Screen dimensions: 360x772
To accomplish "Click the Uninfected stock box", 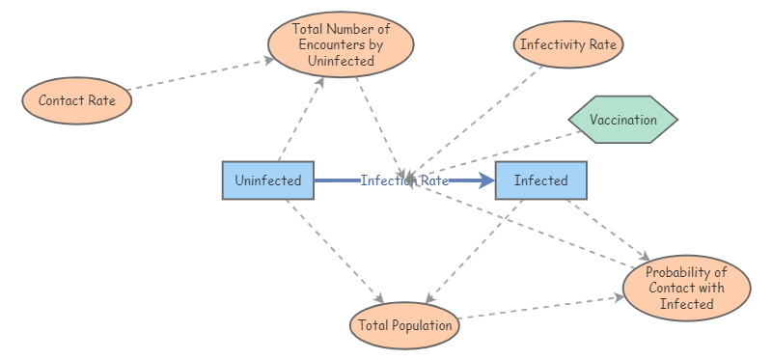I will click(x=268, y=180).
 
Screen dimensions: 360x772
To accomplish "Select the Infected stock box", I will click(x=540, y=180).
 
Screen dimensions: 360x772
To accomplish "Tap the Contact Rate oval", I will click(x=76, y=100).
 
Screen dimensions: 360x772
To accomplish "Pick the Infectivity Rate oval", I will click(x=570, y=44).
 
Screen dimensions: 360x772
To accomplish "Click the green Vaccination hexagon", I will click(x=622, y=121).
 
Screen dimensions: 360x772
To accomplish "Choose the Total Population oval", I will click(x=405, y=325).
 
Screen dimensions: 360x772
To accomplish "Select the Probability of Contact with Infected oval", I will click(x=686, y=288).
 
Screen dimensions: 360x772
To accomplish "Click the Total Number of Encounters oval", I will click(x=341, y=43).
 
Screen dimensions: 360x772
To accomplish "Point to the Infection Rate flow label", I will click(x=404, y=180).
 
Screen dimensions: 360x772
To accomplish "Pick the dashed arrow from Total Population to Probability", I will click(x=540, y=308).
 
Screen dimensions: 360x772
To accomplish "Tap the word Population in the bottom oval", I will click(x=421, y=325).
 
